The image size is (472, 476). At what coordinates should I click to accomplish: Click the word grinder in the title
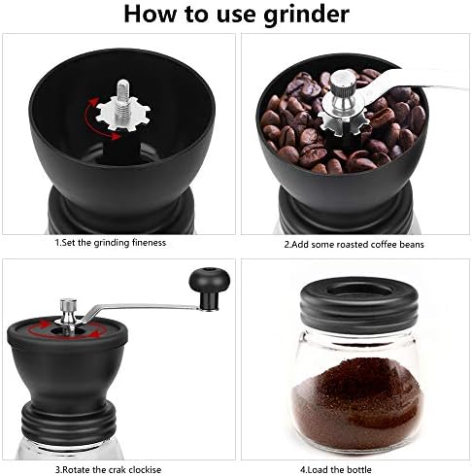tap(307, 15)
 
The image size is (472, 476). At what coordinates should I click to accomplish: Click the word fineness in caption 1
tap(149, 242)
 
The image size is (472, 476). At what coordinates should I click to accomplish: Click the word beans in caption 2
tap(411, 244)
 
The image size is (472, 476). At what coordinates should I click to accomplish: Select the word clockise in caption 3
tap(145, 469)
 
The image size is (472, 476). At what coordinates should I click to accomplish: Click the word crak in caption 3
tap(117, 469)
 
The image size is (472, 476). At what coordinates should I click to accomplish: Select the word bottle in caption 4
tap(359, 469)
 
